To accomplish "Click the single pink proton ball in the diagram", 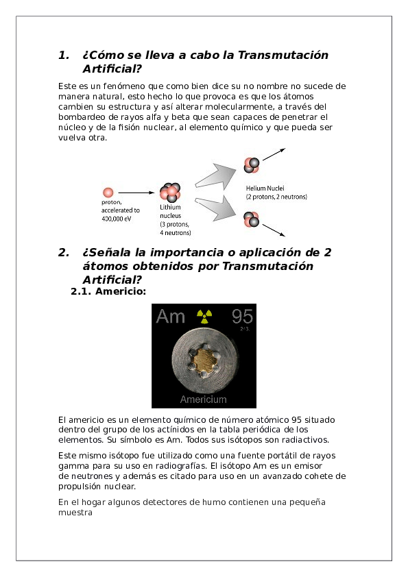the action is pos(108,193).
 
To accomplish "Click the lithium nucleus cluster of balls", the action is pos(169,193).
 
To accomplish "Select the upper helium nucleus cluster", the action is pos(251,165).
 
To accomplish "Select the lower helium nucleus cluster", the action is pos(251,219).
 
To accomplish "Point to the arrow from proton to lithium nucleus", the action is pos(136,193).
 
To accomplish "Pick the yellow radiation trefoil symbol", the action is pos(204,316).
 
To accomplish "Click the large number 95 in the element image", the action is pos(242,316).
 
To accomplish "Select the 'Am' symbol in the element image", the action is pos(171,316).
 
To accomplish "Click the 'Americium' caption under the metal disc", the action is pos(204,400).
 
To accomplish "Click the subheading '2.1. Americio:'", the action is pos(108,292).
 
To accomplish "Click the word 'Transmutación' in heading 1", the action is pos(283,55).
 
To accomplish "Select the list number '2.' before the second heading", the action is pos(64,252).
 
